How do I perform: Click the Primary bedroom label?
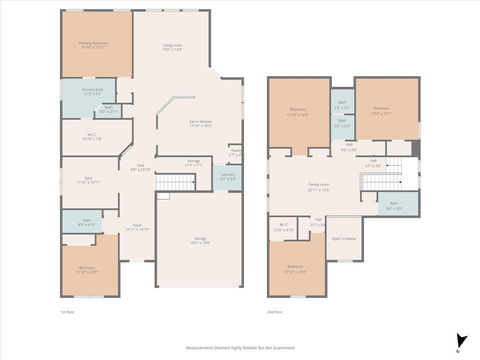(x=93, y=43)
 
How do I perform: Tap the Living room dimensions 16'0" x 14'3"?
(x=172, y=50)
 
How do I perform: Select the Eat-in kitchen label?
(x=200, y=121)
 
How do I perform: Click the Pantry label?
(x=236, y=150)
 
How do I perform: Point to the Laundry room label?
(x=228, y=174)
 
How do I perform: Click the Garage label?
(x=200, y=238)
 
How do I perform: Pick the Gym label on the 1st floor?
(x=88, y=178)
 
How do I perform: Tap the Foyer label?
(x=137, y=225)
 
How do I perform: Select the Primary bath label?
(x=92, y=90)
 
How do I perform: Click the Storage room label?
(x=194, y=161)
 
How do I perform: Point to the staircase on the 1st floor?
(x=175, y=182)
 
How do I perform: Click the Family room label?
(x=319, y=185)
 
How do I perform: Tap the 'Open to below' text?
(x=344, y=239)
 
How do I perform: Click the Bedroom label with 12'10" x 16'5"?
(x=298, y=110)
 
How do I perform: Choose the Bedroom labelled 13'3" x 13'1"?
(x=381, y=108)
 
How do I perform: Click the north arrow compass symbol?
(x=462, y=341)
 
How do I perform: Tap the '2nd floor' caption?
(x=275, y=312)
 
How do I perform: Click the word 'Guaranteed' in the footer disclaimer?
(x=282, y=348)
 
